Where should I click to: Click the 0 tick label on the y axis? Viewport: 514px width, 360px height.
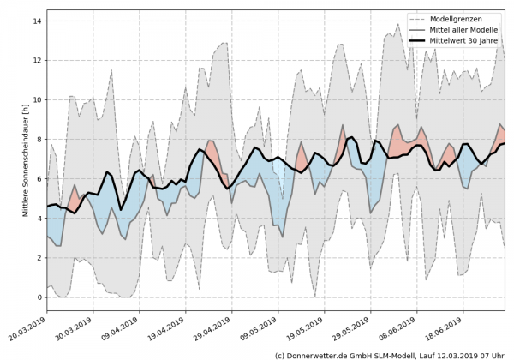[x=39, y=297]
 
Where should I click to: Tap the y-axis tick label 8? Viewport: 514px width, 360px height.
[x=39, y=139]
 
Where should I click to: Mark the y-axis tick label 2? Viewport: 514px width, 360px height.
[x=39, y=258]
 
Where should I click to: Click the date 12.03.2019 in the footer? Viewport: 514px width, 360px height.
[x=452, y=354]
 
